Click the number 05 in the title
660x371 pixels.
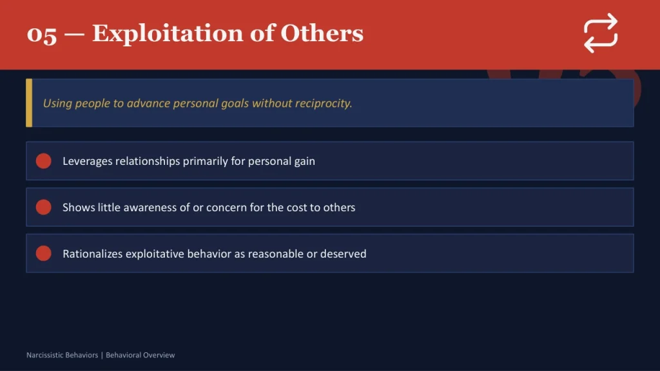pos(42,34)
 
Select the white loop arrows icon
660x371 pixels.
pos(601,33)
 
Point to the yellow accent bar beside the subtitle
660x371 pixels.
pos(29,103)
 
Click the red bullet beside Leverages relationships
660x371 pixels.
pos(44,161)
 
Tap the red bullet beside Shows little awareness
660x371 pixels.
pos(44,207)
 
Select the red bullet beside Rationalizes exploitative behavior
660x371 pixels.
pos(44,254)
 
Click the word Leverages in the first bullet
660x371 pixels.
pos(87,161)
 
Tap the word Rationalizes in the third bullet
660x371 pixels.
pos(93,254)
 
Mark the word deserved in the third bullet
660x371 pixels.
pos(344,254)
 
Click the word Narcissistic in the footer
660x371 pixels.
pos(44,355)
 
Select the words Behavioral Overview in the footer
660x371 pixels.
pos(141,355)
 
